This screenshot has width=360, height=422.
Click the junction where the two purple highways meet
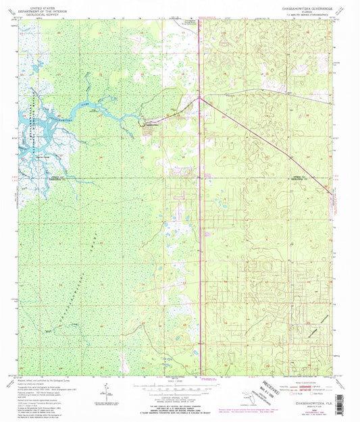pos(200,99)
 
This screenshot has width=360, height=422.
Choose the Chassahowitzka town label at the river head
pos(153,125)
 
